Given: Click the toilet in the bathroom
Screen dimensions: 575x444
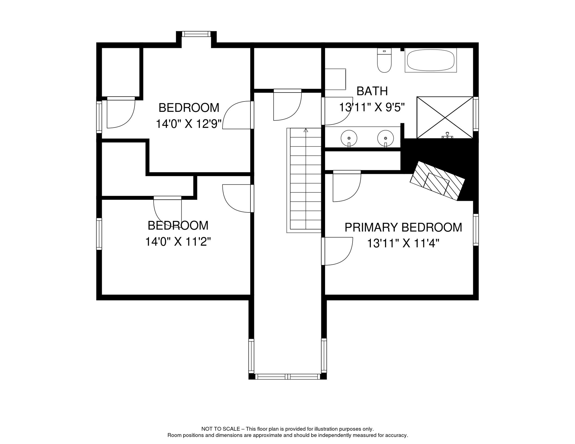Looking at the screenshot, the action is coord(384,60).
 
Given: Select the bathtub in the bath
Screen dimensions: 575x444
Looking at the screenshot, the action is coord(431,60).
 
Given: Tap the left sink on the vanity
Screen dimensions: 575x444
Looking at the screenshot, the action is coord(349,138).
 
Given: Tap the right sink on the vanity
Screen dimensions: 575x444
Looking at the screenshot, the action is coord(386,138).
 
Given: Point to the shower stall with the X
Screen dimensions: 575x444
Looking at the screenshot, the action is coord(445,117).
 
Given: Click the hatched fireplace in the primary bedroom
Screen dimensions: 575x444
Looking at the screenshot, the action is coord(437,181).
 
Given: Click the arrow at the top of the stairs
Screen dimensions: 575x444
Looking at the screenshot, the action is coord(306,130).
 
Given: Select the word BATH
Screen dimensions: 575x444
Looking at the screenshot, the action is coord(372,91).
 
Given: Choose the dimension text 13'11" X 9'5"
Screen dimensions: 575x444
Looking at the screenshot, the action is coord(372,107).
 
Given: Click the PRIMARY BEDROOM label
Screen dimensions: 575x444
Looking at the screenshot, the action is coord(403,227).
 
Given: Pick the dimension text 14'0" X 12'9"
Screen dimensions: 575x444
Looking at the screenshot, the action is coord(189,124).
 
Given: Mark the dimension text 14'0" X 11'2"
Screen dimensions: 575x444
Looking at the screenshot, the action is coord(178,242).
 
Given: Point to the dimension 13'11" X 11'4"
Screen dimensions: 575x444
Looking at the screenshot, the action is coord(403,243).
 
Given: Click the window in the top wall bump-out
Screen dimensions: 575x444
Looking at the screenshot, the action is coord(196,34).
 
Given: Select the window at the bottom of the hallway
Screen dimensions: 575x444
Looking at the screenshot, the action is coord(287,377).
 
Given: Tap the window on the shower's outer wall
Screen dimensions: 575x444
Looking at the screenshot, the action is coord(476,114).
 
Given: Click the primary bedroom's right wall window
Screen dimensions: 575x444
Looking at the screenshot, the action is coord(476,230).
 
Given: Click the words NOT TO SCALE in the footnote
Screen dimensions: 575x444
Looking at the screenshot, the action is coord(221,429).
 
